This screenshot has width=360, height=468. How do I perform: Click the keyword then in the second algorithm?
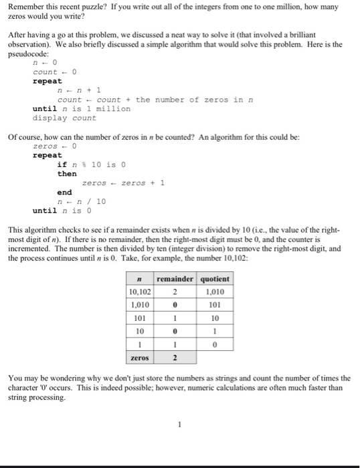[67, 174]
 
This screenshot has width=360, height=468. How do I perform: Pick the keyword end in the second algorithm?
[64, 192]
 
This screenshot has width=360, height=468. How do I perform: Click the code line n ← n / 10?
[82, 201]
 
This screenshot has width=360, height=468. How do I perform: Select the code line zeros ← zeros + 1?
[123, 183]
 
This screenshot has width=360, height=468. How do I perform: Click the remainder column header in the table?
[174, 279]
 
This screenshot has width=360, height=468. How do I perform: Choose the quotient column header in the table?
[214, 279]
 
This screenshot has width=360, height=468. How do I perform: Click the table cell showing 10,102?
[140, 292]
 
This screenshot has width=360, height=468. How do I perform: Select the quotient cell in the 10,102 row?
[214, 292]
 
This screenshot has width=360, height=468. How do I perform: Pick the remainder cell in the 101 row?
[174, 319]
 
